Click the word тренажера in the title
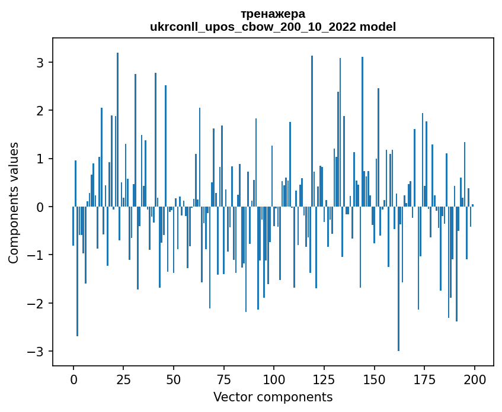tap(273, 14)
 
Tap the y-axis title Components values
tap(14, 202)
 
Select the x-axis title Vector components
tap(273, 397)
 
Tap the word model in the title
tap(380, 27)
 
